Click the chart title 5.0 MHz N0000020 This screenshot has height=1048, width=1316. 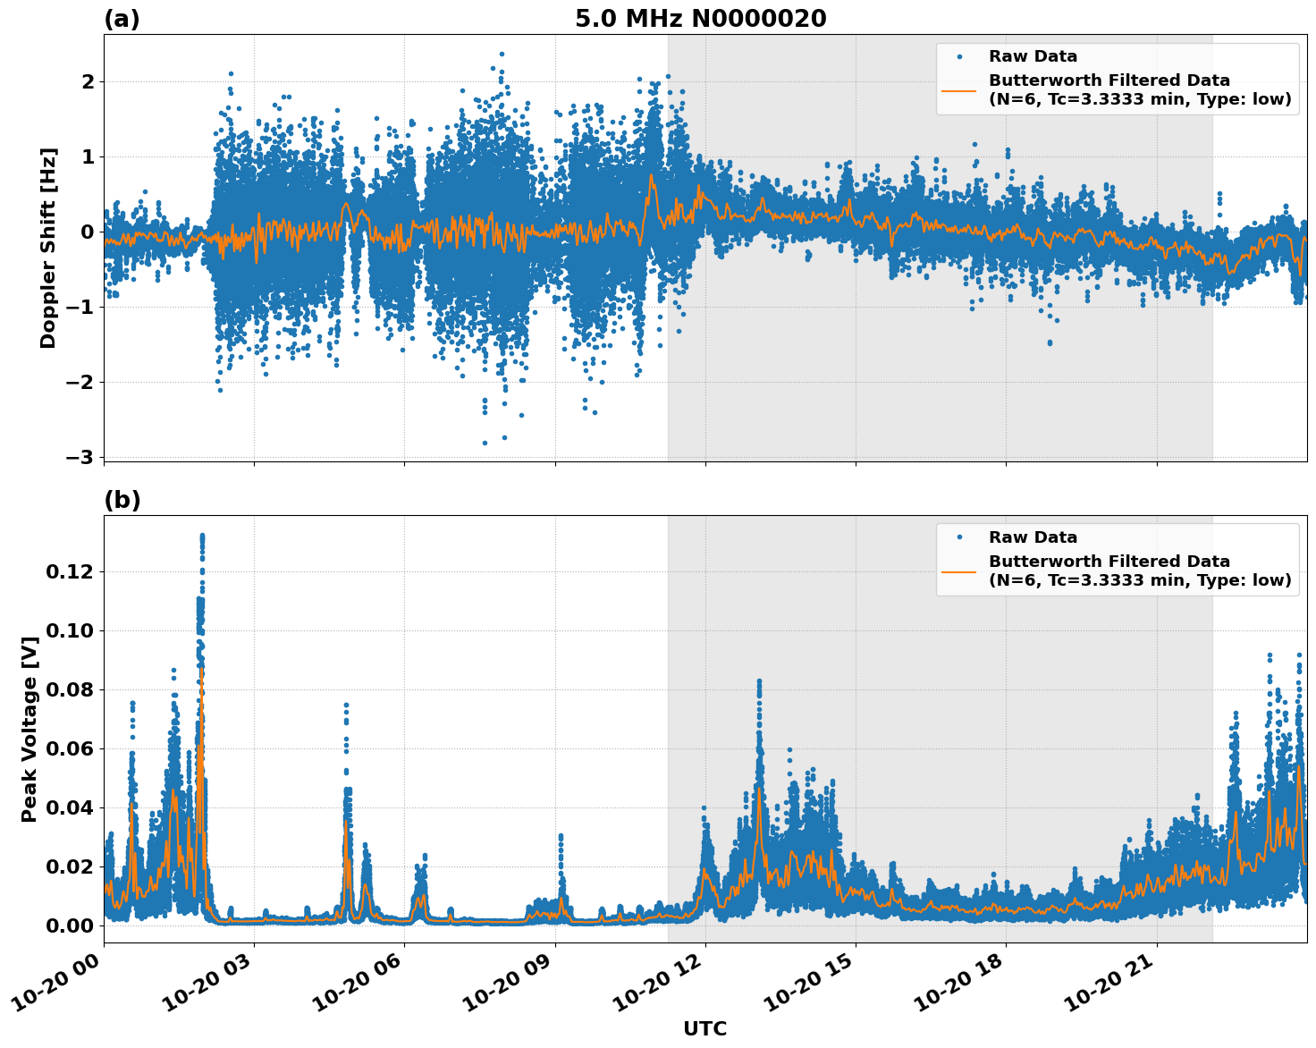(x=700, y=19)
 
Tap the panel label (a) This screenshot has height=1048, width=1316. (x=122, y=19)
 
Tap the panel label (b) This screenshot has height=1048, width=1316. (x=122, y=500)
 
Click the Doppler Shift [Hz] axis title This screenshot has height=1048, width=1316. (x=48, y=248)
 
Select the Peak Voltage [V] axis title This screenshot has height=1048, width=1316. (x=30, y=729)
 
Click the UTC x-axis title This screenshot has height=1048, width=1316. (x=704, y=1028)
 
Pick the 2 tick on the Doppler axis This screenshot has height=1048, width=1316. (x=89, y=82)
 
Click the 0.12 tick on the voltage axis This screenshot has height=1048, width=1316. (x=68, y=571)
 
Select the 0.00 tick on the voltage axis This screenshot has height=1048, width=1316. (x=68, y=925)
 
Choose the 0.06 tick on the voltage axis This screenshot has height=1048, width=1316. (x=68, y=748)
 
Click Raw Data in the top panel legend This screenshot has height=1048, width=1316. (x=1033, y=56)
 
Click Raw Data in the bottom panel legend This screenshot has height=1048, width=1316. (x=1033, y=537)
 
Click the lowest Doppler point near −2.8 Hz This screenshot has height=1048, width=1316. (x=485, y=443)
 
